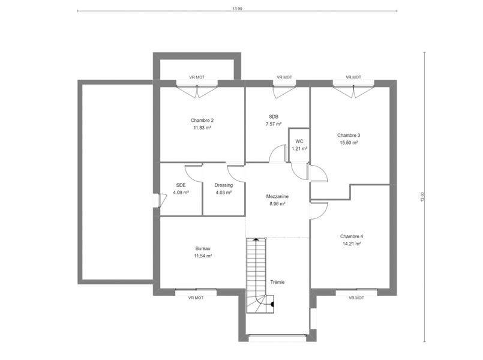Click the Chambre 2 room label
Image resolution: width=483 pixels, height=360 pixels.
tap(202, 121)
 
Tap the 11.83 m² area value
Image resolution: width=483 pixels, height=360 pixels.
tap(202, 128)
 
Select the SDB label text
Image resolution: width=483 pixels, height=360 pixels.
tap(274, 117)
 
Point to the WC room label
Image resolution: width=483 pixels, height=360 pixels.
tap(299, 142)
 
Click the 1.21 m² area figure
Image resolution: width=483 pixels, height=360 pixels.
tap(299, 149)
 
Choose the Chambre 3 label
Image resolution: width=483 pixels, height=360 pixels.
tap(349, 135)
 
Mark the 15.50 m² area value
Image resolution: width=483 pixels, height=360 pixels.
tap(349, 143)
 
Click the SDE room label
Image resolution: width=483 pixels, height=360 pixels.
tap(181, 185)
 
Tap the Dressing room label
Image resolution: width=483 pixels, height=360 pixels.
tap(224, 185)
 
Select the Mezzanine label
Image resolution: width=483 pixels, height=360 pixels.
tap(277, 196)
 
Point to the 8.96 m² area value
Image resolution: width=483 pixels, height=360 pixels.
tap(277, 203)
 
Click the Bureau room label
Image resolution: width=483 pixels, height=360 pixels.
tap(203, 248)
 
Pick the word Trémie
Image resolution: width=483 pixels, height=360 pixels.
tap(277, 282)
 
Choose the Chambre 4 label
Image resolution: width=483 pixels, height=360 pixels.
tap(352, 236)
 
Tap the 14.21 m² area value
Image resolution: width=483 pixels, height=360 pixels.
tap(352, 244)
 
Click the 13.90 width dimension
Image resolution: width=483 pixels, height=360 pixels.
tap(237, 9)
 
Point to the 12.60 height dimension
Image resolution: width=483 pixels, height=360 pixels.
tap(422, 197)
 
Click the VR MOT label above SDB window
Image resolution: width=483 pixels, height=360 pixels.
tap(284, 77)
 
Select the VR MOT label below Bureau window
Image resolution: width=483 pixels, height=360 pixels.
tap(196, 298)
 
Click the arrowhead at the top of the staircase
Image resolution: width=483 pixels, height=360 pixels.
tap(256, 239)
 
